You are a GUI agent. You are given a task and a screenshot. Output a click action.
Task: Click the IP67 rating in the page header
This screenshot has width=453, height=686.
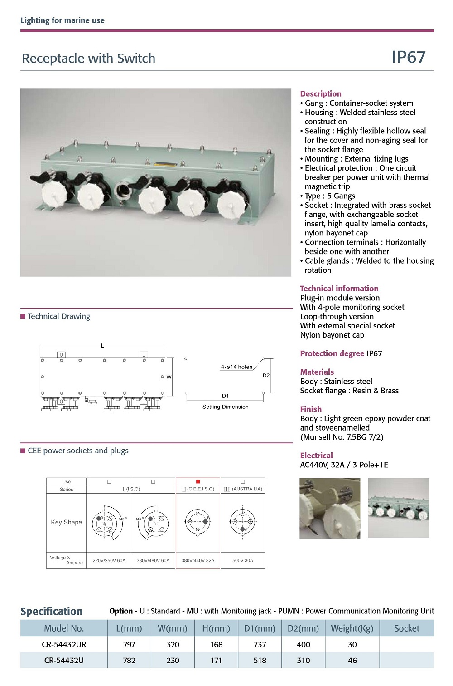[x=408, y=57]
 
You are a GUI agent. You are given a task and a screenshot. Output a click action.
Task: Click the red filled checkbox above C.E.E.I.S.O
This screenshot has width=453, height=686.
[x=198, y=481]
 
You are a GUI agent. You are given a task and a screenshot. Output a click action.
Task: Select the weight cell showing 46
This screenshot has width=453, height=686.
[x=352, y=660]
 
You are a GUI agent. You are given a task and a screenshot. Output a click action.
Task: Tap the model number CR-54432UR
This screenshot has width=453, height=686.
[x=64, y=644]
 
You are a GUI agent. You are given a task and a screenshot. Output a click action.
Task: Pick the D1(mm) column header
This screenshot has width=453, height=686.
[x=260, y=628]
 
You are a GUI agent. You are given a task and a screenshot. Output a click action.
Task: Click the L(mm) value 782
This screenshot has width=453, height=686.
[x=129, y=660]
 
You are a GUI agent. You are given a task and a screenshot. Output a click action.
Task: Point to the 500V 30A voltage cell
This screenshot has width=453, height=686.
[x=243, y=560]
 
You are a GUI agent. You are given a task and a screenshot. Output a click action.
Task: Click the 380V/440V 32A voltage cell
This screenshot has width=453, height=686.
[x=198, y=560]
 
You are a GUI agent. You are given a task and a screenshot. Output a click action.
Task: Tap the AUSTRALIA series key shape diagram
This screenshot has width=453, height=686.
[x=243, y=523]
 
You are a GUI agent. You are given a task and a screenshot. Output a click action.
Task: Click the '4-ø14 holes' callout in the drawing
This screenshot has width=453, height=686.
[x=236, y=367]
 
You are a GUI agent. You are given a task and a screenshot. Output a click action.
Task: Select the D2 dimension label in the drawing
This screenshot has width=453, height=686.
[x=266, y=376]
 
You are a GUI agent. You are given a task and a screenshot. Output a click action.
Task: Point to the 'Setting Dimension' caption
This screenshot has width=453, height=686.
[x=225, y=407]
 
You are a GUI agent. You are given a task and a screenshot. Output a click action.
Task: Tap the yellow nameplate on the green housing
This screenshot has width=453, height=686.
[x=161, y=164]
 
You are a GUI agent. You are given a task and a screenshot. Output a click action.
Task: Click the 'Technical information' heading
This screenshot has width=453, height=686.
[x=339, y=289]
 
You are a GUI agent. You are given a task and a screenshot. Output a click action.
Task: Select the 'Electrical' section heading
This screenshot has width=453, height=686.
[x=316, y=456]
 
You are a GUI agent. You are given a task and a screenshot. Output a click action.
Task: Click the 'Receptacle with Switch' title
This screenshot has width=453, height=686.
[x=89, y=59]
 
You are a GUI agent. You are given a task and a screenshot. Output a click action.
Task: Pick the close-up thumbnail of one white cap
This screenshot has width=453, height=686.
[x=330, y=508]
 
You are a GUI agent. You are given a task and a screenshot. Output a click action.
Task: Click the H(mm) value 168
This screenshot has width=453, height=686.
[x=216, y=644]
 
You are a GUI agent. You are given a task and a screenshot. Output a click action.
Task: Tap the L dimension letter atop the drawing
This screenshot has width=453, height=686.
[x=102, y=346]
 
